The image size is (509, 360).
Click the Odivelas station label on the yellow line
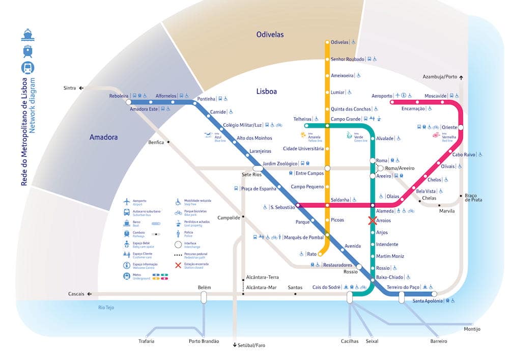tap(340, 42)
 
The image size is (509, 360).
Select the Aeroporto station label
tap(382, 96)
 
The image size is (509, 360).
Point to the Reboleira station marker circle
tap(128, 102)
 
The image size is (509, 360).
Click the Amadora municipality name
tap(103, 137)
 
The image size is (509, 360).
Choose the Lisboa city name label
tap(267, 92)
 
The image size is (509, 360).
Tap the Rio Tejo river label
tap(108, 308)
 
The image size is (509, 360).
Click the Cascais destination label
tap(76, 294)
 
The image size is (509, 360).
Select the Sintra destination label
tap(70, 88)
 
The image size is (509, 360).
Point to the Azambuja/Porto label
tap(440, 77)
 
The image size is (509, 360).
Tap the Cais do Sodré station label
tap(326, 287)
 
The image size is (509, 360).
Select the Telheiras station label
tap(302, 119)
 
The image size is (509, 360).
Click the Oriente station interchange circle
tap(461, 127)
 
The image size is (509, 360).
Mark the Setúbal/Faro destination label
tap(251, 345)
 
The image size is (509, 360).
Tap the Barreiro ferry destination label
tap(438, 341)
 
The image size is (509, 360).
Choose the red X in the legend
tap(178, 265)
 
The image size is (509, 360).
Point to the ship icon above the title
tap(27, 35)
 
